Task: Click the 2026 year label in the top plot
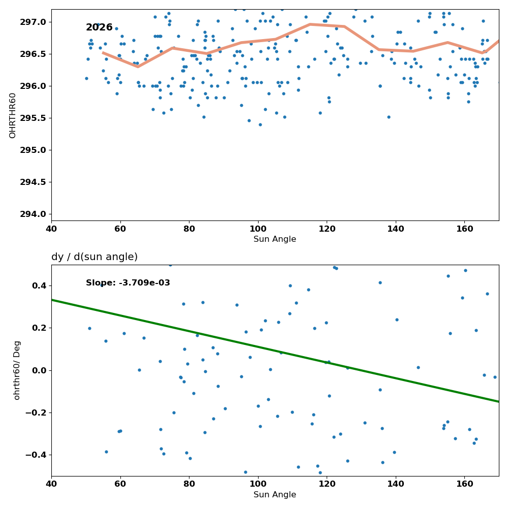coord(99,27)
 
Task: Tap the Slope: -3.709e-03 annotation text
coord(128,283)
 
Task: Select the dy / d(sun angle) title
coord(94,257)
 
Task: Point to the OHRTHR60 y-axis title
coord(12,116)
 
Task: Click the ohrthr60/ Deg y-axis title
coord(17,370)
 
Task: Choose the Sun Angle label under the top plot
coord(275,239)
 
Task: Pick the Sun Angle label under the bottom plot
coord(275,495)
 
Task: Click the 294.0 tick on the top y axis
coord(34,214)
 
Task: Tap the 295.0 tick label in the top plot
coord(34,150)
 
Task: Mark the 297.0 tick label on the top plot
coord(34,22)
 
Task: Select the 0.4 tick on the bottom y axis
coord(40,285)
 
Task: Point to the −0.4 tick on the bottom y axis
coord(36,455)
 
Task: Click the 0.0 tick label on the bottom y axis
coord(40,370)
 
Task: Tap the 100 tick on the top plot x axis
coord(258,229)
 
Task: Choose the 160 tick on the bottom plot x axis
coord(465,484)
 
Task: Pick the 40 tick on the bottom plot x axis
coord(51,484)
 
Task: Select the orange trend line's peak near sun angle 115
coord(310,24)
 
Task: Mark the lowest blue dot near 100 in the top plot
coord(260,125)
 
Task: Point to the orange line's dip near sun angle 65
coord(138,67)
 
